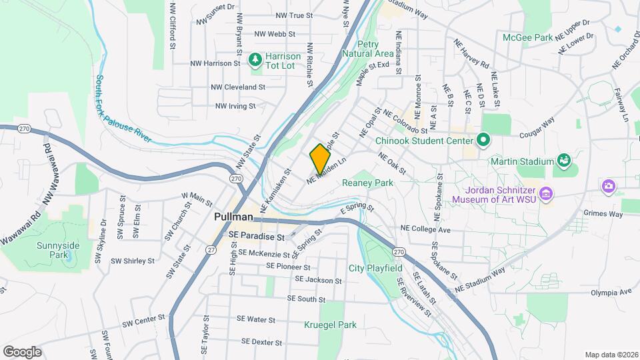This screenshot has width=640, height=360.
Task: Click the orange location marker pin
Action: click(x=320, y=158)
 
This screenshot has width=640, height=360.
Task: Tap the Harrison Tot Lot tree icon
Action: click(x=254, y=61)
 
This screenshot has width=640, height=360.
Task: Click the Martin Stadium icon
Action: click(x=564, y=160)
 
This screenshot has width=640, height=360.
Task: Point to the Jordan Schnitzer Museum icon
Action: click(x=547, y=194)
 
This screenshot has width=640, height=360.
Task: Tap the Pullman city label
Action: click(x=234, y=217)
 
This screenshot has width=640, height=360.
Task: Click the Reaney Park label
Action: click(x=367, y=183)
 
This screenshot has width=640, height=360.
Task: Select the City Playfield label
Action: click(x=375, y=268)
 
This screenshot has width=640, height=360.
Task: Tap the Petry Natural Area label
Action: click(x=367, y=49)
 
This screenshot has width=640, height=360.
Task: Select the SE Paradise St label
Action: click(x=256, y=236)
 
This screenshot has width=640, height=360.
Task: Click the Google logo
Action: click(x=22, y=351)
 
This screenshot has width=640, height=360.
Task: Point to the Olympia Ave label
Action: click(x=611, y=292)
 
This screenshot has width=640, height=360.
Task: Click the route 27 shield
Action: click(x=211, y=249)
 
